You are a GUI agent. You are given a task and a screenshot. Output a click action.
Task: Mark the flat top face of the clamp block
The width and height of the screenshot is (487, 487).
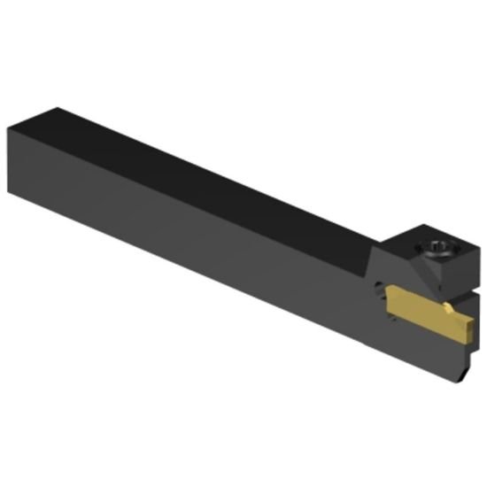(x=439, y=241)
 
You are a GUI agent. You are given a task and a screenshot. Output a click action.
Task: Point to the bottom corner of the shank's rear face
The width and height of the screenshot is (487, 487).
(x=40, y=190)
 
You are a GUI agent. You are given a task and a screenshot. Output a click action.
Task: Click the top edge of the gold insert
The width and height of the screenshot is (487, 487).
(x=416, y=298)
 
